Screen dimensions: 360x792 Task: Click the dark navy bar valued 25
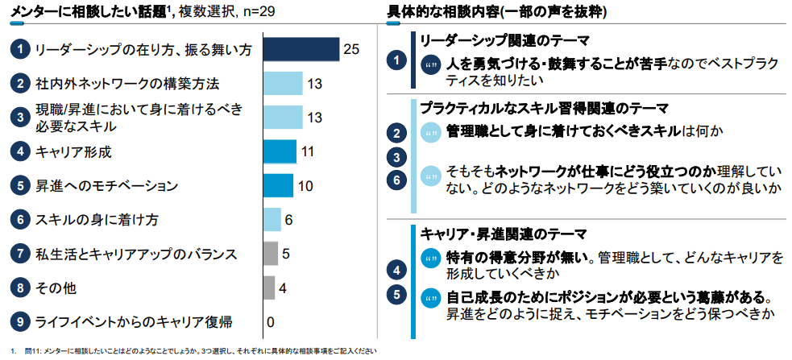tap(301, 49)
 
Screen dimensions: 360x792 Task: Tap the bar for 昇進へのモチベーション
tap(279, 185)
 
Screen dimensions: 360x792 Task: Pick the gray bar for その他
tap(269, 288)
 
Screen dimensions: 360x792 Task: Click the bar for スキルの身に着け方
tap(272, 219)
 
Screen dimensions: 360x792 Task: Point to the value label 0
tap(271, 322)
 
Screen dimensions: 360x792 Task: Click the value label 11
tap(308, 151)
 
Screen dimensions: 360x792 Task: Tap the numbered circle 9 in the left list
tap(19, 322)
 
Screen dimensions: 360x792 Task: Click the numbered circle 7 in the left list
tap(19, 254)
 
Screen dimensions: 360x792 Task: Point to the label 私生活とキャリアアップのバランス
tap(135, 254)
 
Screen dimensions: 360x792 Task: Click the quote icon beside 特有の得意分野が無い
tap(431, 258)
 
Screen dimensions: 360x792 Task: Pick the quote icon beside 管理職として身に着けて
tap(431, 132)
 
